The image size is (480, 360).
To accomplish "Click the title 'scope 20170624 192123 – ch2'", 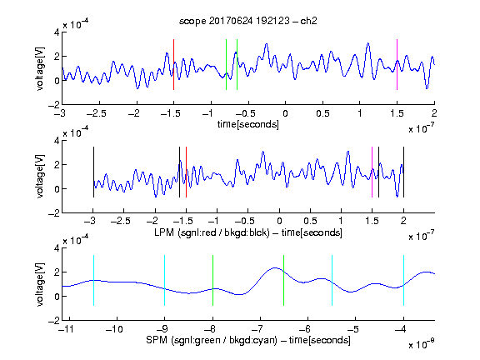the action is pos(248,21).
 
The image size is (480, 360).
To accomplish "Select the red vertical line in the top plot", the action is pos(173,65).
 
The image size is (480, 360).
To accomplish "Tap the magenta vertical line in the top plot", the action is pos(397,65).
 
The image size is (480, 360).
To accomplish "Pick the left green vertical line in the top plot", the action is pos(226,65).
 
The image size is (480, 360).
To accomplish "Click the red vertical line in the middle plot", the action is pos(186,172).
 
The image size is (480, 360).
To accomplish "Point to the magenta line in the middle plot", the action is pos(372,172).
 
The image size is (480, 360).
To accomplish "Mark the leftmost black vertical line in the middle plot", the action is pos(93,172).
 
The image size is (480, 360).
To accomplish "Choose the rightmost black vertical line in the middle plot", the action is pos(403,172).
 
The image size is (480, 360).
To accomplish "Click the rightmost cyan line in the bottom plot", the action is pos(403,280).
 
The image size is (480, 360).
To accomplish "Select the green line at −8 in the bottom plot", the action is pos(212,280).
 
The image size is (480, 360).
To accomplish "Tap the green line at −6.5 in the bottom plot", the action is pos(284,280).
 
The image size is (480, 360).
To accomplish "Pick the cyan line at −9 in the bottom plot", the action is pos(165,280).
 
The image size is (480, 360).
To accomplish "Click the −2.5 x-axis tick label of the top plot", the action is pos(97,113).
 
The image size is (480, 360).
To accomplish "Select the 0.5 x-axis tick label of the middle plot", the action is pos(310,221).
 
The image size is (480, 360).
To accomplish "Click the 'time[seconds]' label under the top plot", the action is pos(248,124).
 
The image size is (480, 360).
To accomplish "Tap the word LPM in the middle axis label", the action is pos(164,232).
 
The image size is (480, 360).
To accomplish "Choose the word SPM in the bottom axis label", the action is pos(157,340).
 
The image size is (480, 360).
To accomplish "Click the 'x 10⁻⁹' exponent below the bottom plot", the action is pos(421,345).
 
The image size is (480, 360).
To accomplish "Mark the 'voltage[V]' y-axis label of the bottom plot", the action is pos(40,284).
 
